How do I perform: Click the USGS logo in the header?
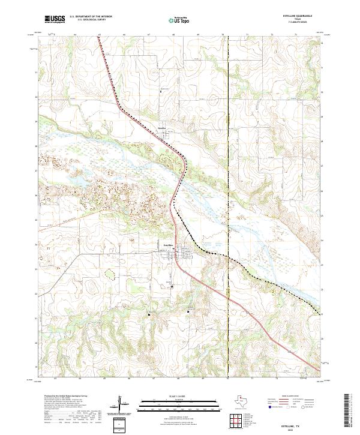pos(56,19)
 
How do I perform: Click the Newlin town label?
pos(161,129)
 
